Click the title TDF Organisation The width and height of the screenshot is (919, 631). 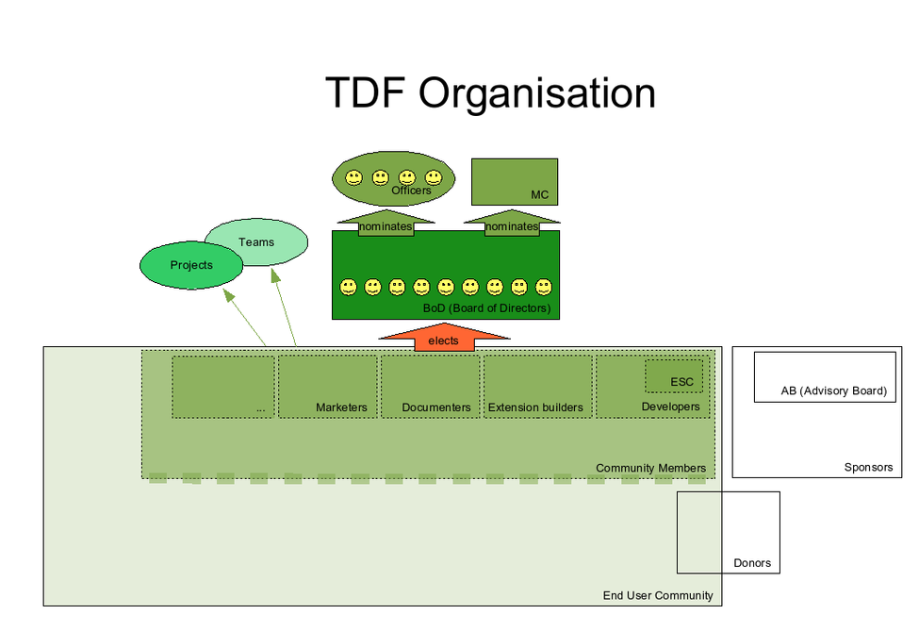point(490,94)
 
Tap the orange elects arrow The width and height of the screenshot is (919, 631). point(444,339)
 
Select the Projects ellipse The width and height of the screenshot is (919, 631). point(191,265)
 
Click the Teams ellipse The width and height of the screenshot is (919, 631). point(257,242)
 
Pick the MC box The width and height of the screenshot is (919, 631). point(514,181)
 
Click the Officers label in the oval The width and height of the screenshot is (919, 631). point(411,191)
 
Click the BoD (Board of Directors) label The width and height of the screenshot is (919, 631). point(486,308)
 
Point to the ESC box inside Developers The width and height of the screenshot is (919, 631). point(674,376)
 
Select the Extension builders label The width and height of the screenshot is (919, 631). point(535,407)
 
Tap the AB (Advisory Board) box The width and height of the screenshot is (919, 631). point(824,377)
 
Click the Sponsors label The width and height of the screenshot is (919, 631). point(868,467)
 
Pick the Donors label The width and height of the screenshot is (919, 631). point(752,563)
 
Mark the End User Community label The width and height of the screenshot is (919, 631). point(658,595)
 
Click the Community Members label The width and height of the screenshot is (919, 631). point(650,468)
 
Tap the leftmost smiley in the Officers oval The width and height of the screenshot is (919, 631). point(353,176)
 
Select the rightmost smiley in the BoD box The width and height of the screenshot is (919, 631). point(543,286)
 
